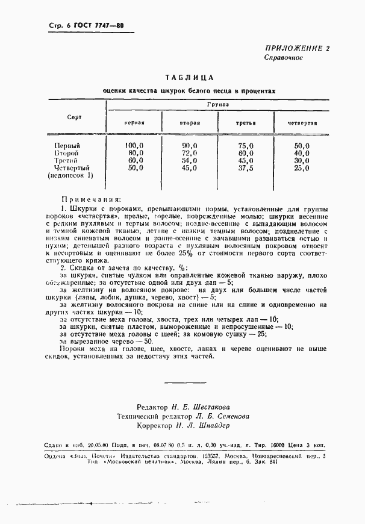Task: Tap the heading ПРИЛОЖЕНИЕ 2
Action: tap(298, 48)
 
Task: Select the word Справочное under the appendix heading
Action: tap(283, 58)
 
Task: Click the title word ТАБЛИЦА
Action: tap(189, 78)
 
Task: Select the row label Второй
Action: tap(67, 153)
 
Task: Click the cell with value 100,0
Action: tap(134, 145)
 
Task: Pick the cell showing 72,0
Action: tap(190, 153)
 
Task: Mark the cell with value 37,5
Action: tap(246, 168)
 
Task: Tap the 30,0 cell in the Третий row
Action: tap(302, 161)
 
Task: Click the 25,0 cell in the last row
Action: tap(302, 168)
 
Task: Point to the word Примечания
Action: tap(90, 198)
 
